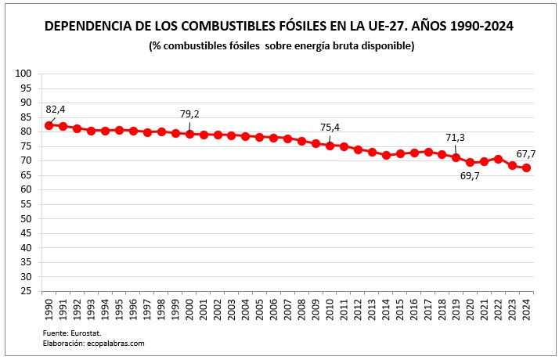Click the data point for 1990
(x=49, y=125)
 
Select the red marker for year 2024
(x=526, y=167)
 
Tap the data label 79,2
(x=189, y=114)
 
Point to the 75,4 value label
(x=330, y=127)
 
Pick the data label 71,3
(x=456, y=138)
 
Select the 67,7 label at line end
(x=526, y=153)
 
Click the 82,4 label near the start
(x=56, y=110)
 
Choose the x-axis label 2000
(x=190, y=308)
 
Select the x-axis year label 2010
(x=330, y=308)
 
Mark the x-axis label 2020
(x=471, y=308)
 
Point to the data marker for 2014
(x=386, y=155)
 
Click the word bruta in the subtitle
(x=338, y=46)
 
